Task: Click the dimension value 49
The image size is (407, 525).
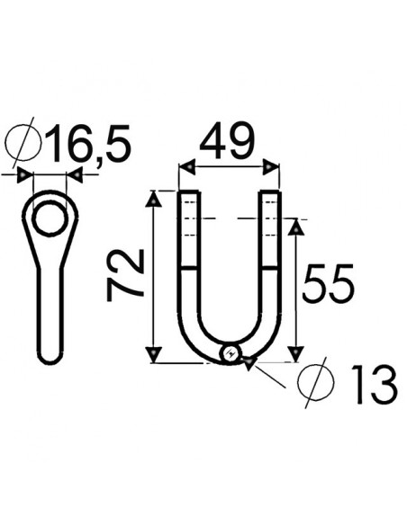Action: click(227, 142)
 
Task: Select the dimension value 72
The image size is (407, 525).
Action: click(126, 276)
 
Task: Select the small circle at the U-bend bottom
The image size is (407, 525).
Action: click(231, 353)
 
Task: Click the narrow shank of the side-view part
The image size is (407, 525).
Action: click(50, 310)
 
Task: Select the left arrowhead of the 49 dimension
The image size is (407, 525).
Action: click(186, 167)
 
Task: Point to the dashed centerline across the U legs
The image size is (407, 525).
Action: click(231, 218)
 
